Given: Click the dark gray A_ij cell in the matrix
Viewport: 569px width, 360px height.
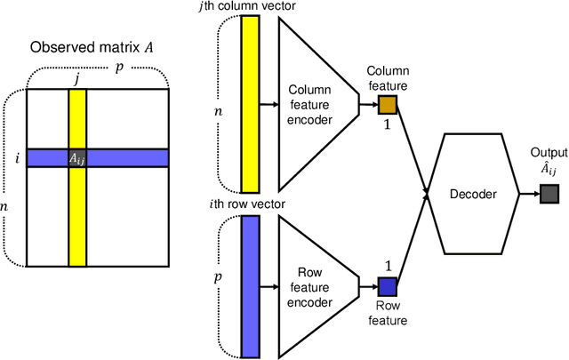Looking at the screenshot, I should coord(77,157).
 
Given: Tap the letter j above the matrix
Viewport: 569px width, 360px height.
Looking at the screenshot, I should coord(77,77).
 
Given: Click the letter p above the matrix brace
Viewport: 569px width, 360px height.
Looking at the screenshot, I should coord(120,66).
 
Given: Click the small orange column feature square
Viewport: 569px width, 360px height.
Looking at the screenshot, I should coord(388,105).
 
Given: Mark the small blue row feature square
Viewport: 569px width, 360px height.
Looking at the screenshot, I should coord(388,285).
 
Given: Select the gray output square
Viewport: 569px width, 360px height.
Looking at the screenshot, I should coord(549,195).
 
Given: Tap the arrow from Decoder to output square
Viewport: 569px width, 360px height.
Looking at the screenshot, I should coord(526,195).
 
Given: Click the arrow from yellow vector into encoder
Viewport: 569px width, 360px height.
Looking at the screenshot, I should coord(268,103).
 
